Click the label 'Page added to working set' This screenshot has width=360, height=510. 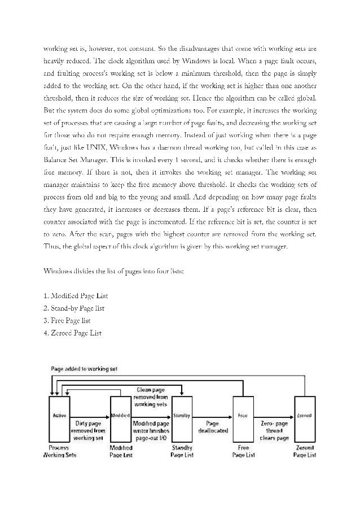(x=84, y=368)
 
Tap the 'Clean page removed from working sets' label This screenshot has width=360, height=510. (x=151, y=397)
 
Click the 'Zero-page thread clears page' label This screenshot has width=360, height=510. (x=274, y=429)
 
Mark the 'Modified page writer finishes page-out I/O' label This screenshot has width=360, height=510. (x=151, y=429)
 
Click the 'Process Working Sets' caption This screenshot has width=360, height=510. (x=59, y=451)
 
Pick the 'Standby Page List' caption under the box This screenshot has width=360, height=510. (x=181, y=451)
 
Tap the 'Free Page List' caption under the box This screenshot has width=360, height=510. (x=243, y=451)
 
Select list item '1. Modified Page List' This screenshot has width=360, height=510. (x=76, y=296)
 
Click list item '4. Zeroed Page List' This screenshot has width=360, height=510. (x=72, y=333)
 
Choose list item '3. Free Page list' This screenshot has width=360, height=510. (x=67, y=321)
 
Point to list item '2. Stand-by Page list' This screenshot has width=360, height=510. (x=74, y=308)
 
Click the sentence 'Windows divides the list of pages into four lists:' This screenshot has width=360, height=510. (x=113, y=271)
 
